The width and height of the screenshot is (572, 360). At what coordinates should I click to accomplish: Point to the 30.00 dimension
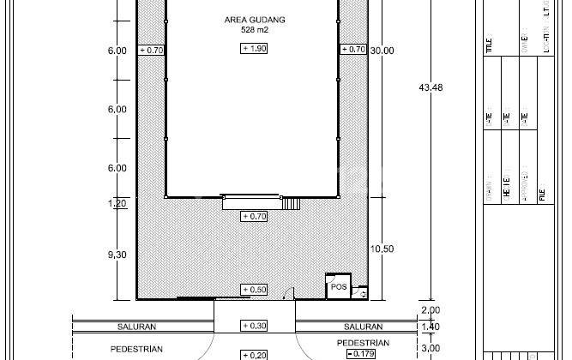tap(382, 51)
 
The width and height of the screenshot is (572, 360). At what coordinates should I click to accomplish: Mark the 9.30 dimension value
tap(117, 255)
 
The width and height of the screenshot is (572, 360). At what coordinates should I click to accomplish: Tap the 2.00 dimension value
tap(430, 310)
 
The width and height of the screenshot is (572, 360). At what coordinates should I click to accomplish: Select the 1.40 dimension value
tap(430, 327)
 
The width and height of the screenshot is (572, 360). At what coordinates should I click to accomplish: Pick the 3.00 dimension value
tap(430, 348)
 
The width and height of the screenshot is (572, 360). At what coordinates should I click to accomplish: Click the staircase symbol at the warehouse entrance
tap(292, 203)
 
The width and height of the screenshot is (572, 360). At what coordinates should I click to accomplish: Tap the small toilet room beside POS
tap(361, 292)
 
